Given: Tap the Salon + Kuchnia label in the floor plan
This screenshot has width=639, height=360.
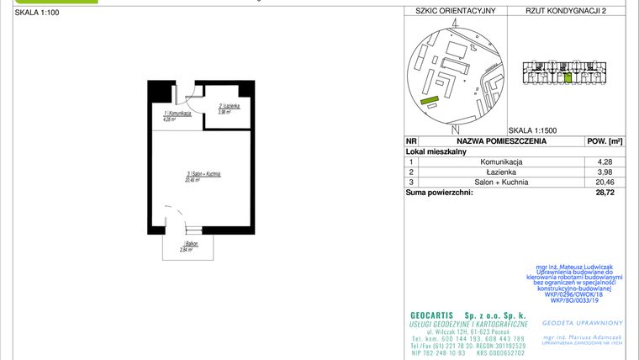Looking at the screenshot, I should pos(203,175).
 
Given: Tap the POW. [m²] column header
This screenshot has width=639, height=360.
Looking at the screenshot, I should pos(604,141).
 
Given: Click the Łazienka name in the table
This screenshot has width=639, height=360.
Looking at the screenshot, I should pos(502,171).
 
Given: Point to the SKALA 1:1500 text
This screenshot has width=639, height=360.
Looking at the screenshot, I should pos(533,130).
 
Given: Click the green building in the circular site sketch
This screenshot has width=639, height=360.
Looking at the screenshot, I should pos(430,101).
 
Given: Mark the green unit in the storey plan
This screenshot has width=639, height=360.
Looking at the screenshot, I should pos(568,78).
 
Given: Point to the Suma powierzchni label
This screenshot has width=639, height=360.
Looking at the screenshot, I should pos(439,193).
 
